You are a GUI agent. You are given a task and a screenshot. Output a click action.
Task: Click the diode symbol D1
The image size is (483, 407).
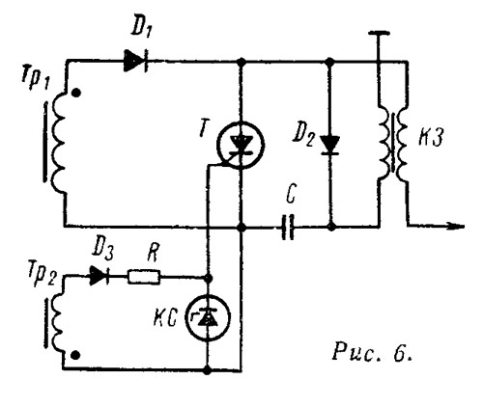[136, 61]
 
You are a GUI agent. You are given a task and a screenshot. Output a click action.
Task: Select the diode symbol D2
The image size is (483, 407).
[330, 145]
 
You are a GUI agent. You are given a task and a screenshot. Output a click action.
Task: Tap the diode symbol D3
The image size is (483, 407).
[99, 276]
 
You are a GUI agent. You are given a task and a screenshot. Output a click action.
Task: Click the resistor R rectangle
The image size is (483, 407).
[144, 277]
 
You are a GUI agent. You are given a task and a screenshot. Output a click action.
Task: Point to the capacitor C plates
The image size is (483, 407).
[288, 228]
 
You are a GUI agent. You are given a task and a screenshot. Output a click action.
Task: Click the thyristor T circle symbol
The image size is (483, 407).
[241, 145]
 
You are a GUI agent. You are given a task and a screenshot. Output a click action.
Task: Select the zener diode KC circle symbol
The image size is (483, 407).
[208, 317]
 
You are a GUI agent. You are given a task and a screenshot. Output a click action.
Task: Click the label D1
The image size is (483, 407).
[141, 29]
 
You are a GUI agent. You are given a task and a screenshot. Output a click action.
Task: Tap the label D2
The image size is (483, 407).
[303, 137]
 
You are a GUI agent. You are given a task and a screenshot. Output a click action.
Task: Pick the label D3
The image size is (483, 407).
[102, 252]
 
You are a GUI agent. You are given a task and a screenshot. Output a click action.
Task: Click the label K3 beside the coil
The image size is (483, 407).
[431, 137]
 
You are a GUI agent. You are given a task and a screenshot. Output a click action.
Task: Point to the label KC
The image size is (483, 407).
[165, 318]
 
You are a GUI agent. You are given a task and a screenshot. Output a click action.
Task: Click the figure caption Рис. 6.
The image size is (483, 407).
[372, 352]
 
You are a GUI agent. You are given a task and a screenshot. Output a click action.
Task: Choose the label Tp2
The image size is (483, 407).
[43, 276]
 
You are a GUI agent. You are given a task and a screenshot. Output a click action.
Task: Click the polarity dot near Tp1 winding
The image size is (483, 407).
[76, 93]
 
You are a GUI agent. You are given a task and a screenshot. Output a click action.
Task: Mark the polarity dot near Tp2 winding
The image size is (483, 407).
[75, 355]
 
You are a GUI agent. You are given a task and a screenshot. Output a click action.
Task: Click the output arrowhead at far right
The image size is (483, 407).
[456, 227]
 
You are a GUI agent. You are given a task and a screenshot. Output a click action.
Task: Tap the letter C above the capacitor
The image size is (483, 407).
[291, 195]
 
